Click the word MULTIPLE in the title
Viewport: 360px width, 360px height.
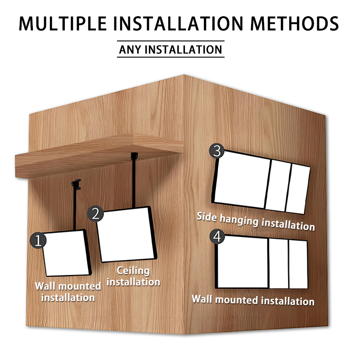tap(63, 24)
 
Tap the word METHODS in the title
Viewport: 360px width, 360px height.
tap(295, 24)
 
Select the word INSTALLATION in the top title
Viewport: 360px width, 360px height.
tap(178, 24)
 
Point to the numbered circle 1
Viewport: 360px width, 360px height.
tap(38, 240)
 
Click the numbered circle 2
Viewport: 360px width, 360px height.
tap(95, 213)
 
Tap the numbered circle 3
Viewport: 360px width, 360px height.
tap(217, 151)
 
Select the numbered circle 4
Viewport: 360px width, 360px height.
tap(217, 237)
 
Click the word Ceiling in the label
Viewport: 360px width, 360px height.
tap(133, 271)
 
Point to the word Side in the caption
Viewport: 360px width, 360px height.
tap(207, 217)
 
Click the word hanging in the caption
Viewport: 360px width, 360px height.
tap(239, 220)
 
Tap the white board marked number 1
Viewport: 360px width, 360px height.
tap(65, 253)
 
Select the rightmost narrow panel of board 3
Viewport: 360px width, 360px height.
tap(298, 189)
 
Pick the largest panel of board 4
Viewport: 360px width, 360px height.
tap(243, 262)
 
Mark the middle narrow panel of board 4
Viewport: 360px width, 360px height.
tap(279, 264)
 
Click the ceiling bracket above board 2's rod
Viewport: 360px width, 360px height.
tap(134, 156)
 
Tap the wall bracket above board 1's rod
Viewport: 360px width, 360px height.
tap(76, 184)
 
